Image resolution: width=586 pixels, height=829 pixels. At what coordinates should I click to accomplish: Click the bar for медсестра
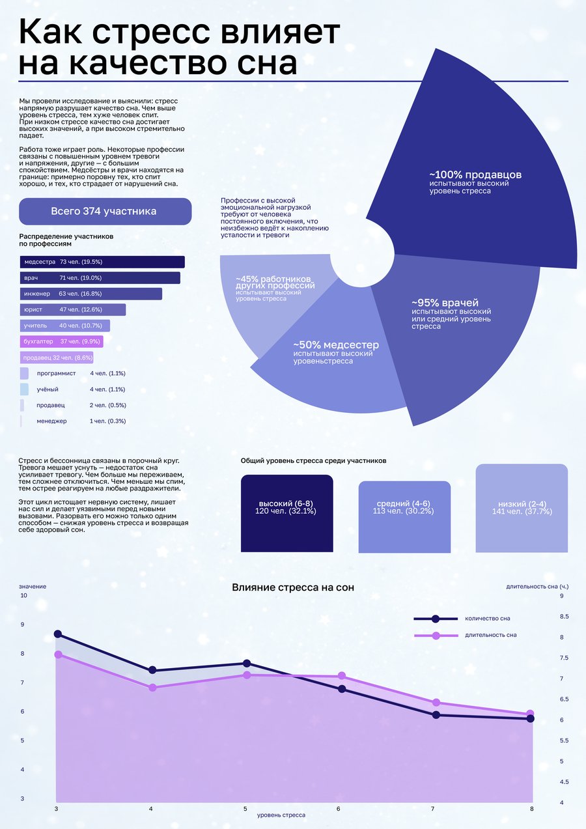click(x=102, y=262)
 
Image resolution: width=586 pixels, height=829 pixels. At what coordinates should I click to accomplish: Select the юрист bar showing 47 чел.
click(x=73, y=309)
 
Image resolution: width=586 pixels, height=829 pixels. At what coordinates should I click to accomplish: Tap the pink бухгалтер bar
click(x=61, y=341)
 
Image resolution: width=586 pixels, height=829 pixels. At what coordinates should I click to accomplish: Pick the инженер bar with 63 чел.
click(x=91, y=294)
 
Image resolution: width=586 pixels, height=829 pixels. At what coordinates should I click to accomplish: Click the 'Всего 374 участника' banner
click(x=105, y=212)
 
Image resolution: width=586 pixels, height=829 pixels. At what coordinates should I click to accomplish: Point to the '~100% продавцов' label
click(x=475, y=175)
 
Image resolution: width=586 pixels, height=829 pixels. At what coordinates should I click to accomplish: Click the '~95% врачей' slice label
click(x=445, y=302)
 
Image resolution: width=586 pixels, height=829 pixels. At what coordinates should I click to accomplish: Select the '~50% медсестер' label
click(x=336, y=344)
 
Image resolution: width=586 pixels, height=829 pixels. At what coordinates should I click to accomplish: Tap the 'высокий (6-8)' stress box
click(x=286, y=513)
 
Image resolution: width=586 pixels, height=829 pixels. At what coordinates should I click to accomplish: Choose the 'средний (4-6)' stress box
click(x=404, y=516)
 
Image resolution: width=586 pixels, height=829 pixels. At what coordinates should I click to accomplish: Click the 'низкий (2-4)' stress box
click(x=522, y=508)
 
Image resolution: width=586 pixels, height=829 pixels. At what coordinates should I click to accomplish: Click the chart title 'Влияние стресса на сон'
click(x=293, y=587)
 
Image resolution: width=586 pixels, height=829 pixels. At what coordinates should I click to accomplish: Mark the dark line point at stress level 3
click(x=58, y=634)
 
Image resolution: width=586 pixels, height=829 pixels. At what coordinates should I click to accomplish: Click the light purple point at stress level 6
click(x=342, y=676)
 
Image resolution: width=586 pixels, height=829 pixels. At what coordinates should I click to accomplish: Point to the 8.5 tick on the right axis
click(x=564, y=617)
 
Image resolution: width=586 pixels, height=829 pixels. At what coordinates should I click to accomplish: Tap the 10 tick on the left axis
click(x=23, y=595)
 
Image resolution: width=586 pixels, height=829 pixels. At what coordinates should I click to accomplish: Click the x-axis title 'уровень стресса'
click(x=281, y=815)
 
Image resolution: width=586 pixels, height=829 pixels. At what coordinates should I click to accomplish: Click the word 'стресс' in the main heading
click(x=152, y=32)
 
